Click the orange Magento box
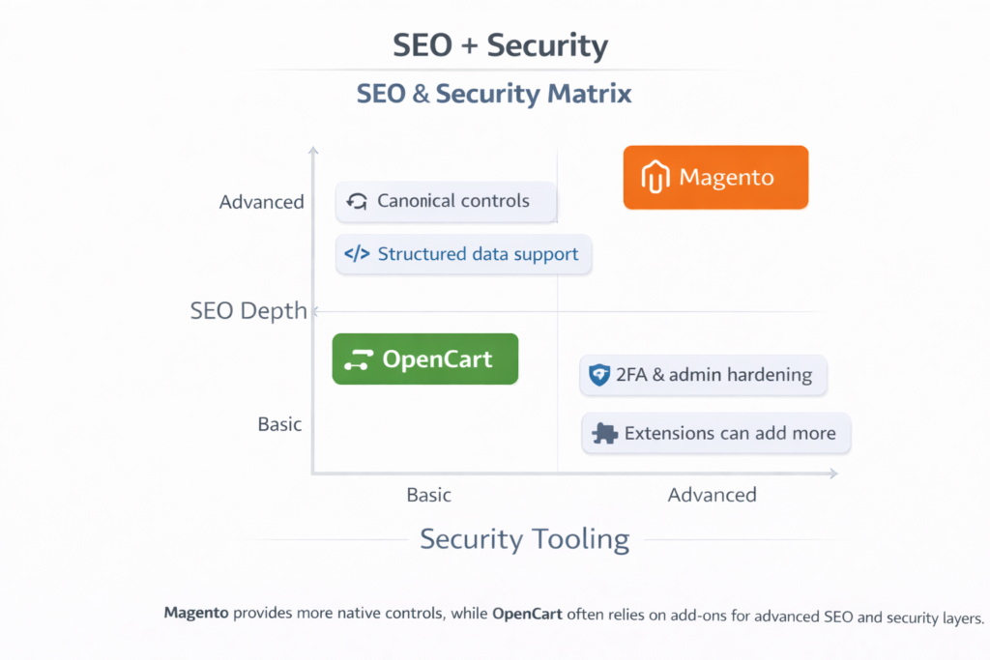715,177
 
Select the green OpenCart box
425,359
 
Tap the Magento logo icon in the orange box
656,179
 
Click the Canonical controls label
447,201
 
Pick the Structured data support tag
463,254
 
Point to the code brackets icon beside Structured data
357,254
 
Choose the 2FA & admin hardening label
703,375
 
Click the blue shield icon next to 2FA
599,375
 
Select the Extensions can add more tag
716,433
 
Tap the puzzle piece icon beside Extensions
605,433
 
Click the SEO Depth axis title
248,311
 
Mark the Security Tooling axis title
524,539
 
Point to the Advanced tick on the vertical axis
261,202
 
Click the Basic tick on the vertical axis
279,424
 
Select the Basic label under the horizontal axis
428,495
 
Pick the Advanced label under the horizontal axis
712,495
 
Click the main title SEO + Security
500,45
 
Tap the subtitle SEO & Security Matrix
494,94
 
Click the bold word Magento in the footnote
196,614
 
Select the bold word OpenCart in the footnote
527,614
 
